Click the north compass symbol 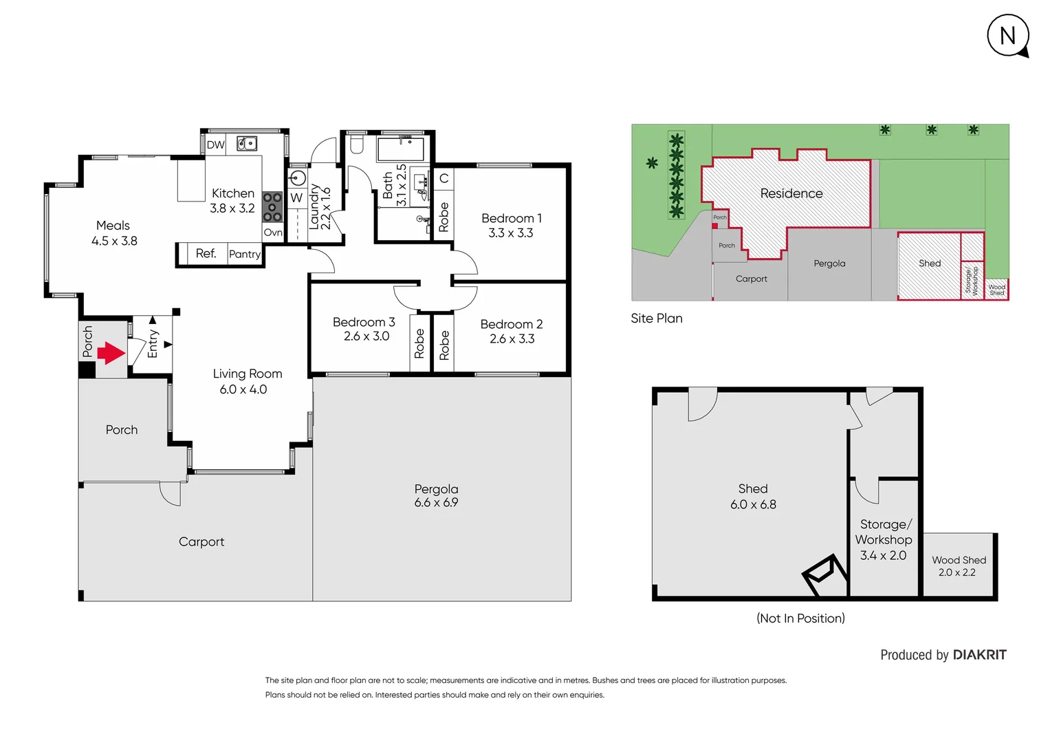click(x=1007, y=36)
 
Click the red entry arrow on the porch click(x=111, y=353)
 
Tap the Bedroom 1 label click(x=511, y=218)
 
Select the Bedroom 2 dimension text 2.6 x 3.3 click(x=512, y=339)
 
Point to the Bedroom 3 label click(x=364, y=322)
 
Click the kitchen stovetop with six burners click(x=272, y=206)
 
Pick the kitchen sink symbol click(x=247, y=144)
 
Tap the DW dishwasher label click(x=215, y=145)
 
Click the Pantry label click(x=245, y=255)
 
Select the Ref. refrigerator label click(x=206, y=254)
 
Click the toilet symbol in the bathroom click(x=356, y=144)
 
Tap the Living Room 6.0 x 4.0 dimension click(x=243, y=390)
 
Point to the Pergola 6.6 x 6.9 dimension click(x=436, y=503)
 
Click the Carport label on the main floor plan click(x=201, y=542)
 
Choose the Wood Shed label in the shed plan click(x=959, y=560)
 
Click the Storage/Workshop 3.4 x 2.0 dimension click(x=883, y=555)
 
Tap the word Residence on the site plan click(x=791, y=194)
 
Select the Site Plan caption click(x=657, y=319)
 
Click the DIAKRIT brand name click(x=979, y=655)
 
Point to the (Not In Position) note click(x=800, y=618)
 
